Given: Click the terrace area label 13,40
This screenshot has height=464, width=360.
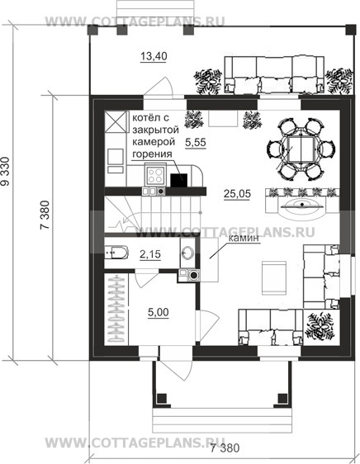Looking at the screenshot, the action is [154, 55].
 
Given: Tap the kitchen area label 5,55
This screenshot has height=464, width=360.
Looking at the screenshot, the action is [196, 142].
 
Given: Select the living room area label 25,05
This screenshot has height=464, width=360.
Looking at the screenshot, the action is [237, 194].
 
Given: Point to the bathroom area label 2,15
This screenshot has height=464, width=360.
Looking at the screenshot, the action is [150, 254].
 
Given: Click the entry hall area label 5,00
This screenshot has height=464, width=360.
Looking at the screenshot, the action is [158, 312].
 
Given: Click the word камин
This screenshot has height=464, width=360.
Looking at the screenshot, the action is [244, 238].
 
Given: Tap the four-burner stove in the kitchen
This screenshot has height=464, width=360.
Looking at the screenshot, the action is [155, 175].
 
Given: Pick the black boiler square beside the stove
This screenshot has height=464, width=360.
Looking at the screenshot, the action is [179, 180].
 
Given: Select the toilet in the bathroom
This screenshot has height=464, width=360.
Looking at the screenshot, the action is [116, 252].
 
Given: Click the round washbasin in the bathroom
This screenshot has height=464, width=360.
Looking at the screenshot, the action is [187, 253].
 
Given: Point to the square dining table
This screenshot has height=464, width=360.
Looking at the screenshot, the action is [301, 149].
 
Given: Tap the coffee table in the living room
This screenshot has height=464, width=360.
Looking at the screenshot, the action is [274, 278].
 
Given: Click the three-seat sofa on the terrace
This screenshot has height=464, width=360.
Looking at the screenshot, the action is [274, 74].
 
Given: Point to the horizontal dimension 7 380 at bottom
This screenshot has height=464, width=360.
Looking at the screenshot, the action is [225, 448].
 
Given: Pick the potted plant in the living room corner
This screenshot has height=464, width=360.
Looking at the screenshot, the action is [321, 326].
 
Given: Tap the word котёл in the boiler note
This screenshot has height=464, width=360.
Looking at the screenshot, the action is [147, 117].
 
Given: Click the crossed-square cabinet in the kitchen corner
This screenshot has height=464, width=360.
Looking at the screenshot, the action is [114, 121].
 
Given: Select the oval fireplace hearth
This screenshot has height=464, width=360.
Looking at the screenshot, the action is [302, 207].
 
